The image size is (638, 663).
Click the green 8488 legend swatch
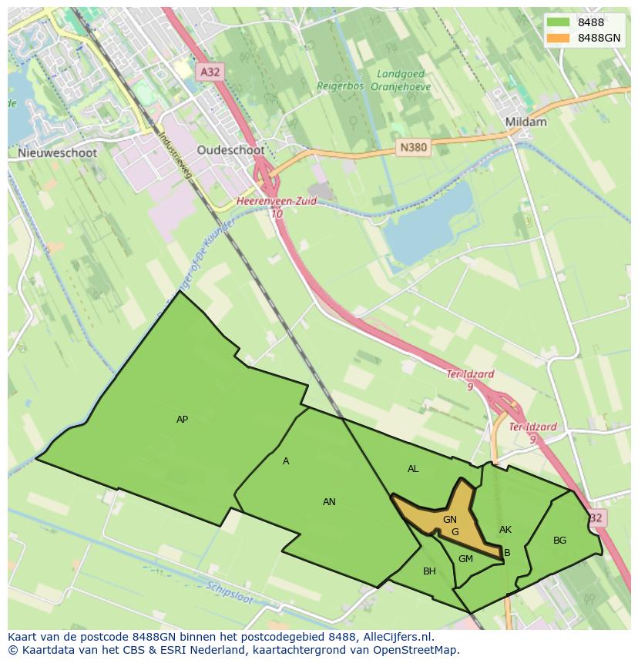(x=559, y=22)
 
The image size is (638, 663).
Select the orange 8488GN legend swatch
(x=559, y=38)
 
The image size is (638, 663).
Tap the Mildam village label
(x=526, y=122)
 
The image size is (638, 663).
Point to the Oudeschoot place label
(x=230, y=150)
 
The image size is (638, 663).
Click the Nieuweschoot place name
(x=57, y=152)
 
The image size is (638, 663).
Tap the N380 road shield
(x=413, y=147)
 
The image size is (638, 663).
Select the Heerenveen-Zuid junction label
(x=277, y=201)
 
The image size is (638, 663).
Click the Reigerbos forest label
(x=340, y=87)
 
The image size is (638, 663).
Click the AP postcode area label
(x=182, y=420)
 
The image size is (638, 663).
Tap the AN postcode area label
(x=329, y=502)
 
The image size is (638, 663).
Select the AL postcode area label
(x=413, y=469)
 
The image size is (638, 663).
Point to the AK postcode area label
(x=505, y=530)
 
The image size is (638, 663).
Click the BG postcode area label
(x=559, y=541)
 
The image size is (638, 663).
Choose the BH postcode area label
(x=429, y=571)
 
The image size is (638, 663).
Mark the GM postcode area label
(x=465, y=559)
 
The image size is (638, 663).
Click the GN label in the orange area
(x=450, y=520)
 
